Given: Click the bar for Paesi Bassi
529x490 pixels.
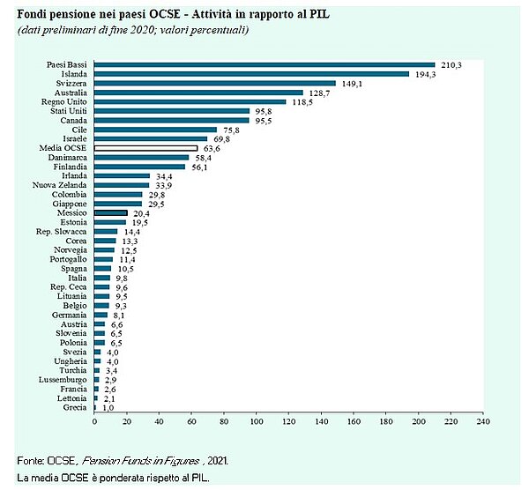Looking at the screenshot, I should [264, 64].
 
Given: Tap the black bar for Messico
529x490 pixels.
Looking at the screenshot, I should [111, 212].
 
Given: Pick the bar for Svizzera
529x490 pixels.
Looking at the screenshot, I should [215, 83].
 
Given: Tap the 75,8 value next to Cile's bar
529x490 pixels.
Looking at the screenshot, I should [232, 130].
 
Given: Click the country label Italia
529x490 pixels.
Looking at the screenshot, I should [78, 278].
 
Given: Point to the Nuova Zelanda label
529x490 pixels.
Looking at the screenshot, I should [59, 185].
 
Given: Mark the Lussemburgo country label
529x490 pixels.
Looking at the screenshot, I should [63, 380].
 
